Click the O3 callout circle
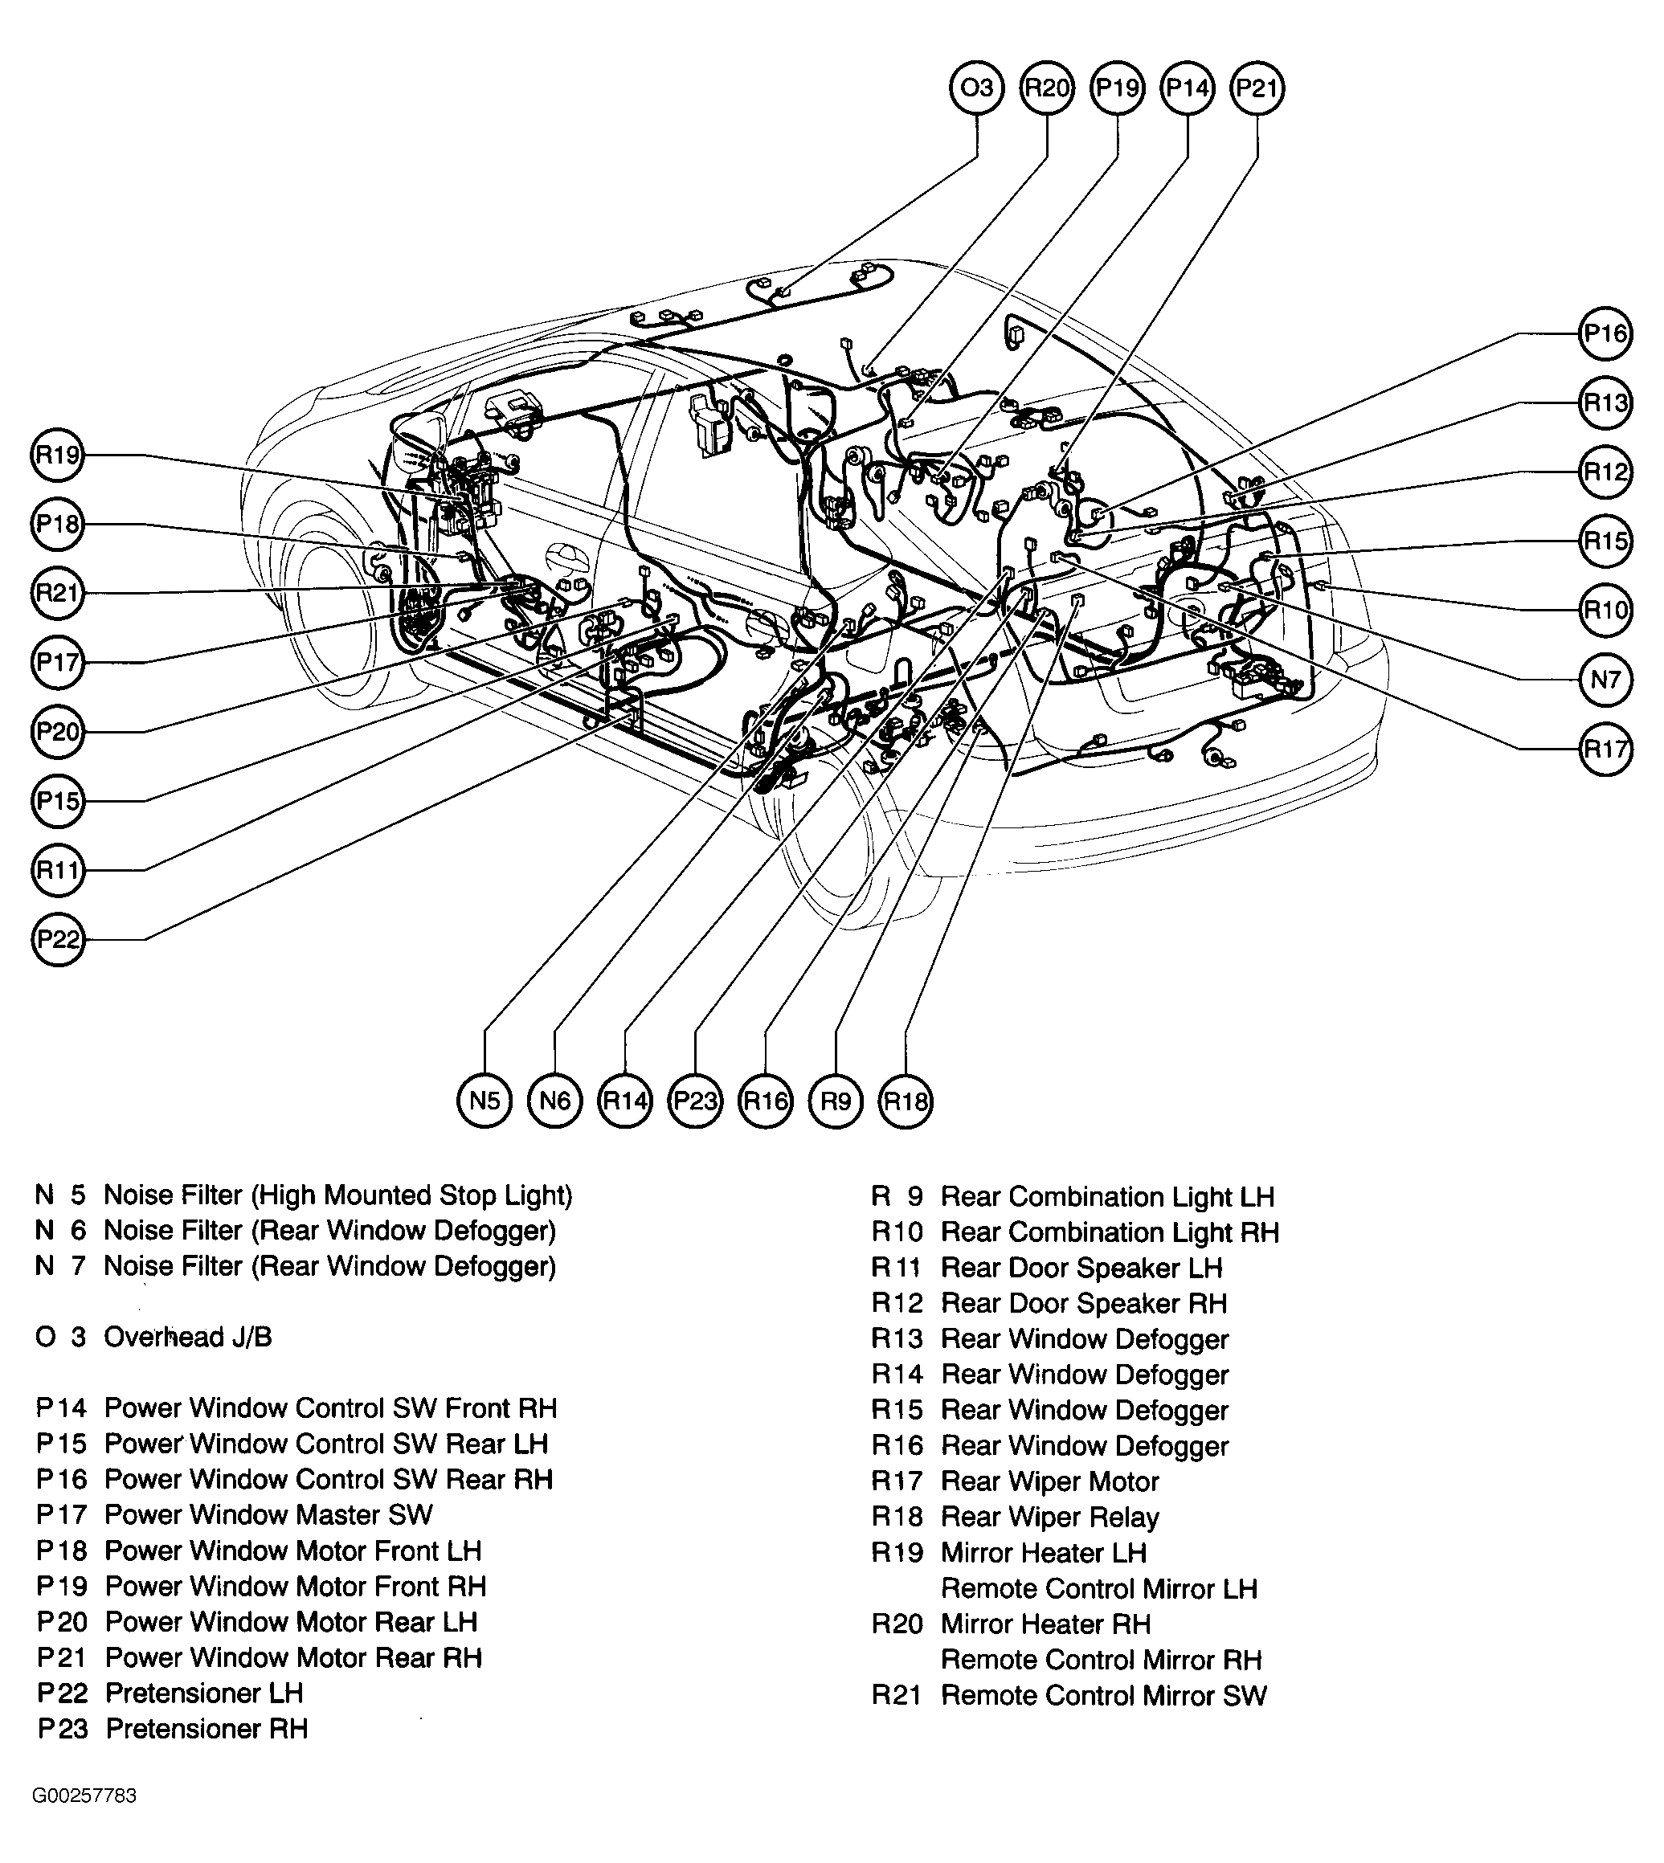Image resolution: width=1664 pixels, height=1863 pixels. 976,88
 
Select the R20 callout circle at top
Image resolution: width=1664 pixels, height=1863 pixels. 1047,88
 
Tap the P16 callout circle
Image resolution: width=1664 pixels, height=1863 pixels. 1605,333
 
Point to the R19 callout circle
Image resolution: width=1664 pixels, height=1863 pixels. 58,456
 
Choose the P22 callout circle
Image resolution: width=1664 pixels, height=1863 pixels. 58,940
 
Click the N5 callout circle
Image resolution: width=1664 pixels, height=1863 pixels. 484,1101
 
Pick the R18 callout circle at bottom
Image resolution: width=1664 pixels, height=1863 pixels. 906,1101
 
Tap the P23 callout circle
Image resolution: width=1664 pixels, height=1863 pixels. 695,1101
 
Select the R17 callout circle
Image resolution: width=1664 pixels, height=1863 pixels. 1605,750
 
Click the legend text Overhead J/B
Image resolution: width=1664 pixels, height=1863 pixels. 187,1338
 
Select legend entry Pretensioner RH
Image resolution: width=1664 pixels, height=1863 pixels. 206,1729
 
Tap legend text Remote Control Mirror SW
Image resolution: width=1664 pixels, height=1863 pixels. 1103,1696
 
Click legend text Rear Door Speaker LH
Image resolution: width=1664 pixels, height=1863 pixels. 1081,1268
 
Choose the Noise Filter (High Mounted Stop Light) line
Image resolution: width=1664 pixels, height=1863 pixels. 337,1195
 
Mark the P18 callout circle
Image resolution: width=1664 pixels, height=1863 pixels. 58,525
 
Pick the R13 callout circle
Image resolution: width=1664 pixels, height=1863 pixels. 1605,403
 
